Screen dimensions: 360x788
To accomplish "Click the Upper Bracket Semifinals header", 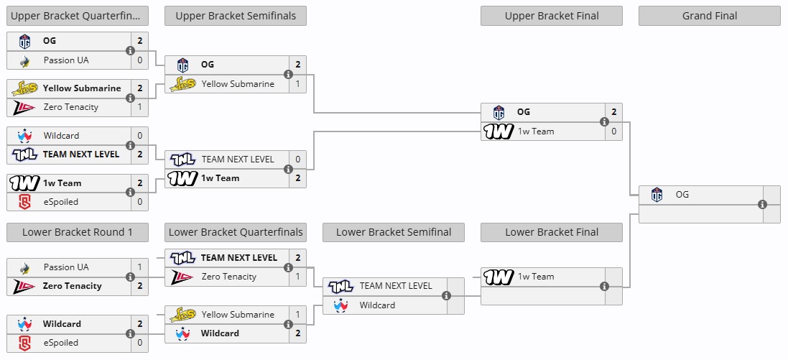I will tap(235, 16).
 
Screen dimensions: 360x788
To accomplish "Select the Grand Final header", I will tap(709, 16).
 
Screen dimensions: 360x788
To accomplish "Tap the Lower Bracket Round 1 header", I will tap(78, 232).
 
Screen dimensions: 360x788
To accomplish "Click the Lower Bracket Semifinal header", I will tap(394, 232).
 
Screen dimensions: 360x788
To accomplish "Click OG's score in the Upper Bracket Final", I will tap(613, 112).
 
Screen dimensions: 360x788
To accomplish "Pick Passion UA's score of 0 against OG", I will tap(139, 60).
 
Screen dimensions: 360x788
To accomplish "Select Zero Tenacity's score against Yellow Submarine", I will tap(139, 107).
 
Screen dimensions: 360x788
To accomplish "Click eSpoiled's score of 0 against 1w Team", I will tap(139, 202).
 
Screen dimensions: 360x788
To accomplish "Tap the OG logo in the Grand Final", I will tap(657, 195).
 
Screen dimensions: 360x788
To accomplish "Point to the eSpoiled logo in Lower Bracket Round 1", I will tap(24, 343).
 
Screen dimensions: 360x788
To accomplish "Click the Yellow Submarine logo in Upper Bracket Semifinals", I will tap(182, 84).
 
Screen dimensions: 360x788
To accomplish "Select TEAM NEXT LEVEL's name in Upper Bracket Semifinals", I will tap(238, 160).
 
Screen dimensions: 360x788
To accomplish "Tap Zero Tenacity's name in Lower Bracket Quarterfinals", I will tap(229, 277).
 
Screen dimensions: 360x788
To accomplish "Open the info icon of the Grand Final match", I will tap(762, 204).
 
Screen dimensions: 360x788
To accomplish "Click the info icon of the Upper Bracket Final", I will tap(604, 121).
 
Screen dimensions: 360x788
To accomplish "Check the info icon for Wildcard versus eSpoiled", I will tap(130, 333).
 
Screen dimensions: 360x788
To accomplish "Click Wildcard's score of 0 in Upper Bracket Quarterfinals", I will tap(139, 136).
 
